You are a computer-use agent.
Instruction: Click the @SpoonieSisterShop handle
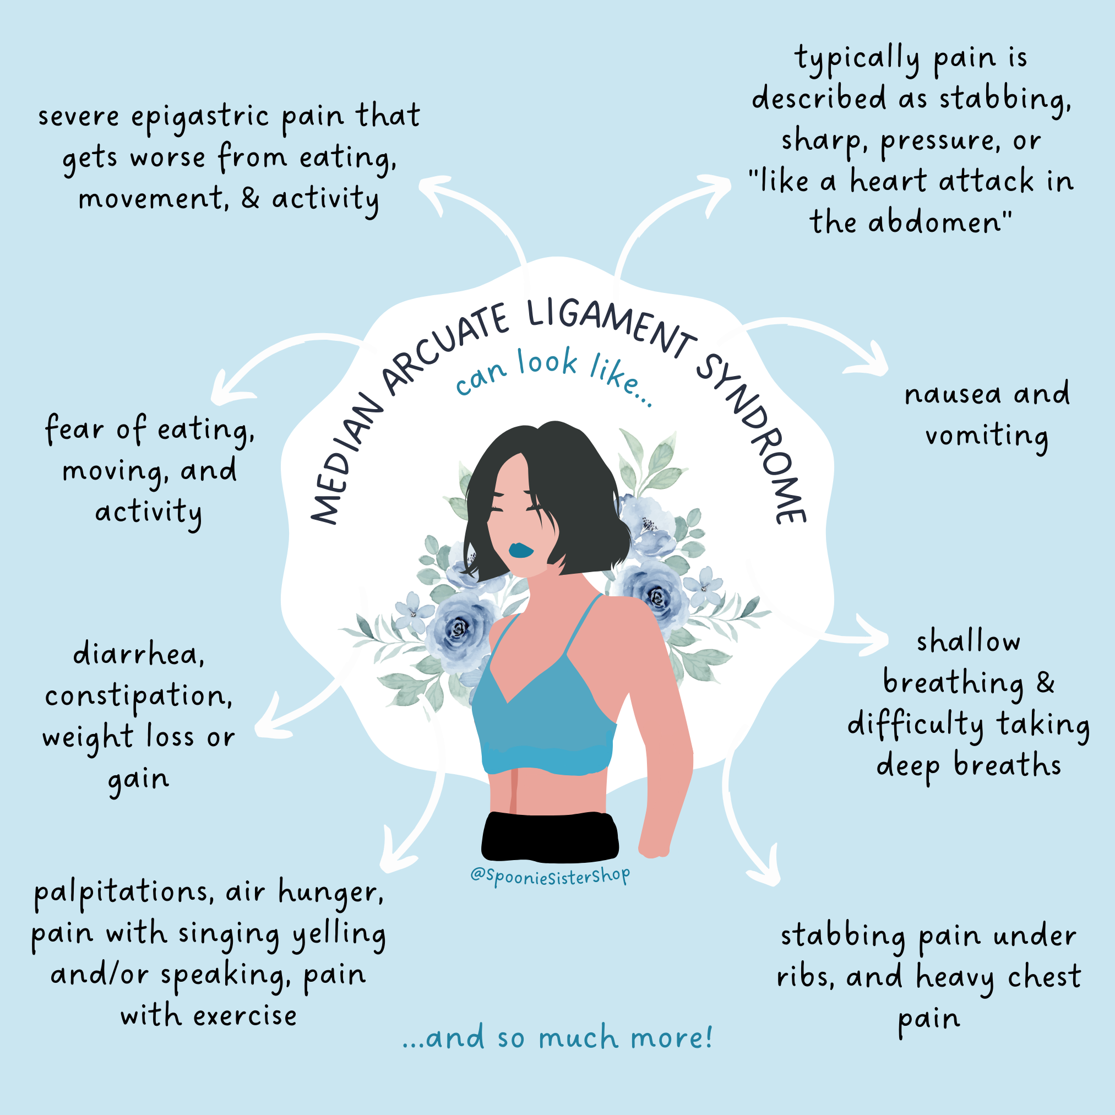(550, 876)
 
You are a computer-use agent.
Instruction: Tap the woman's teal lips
(520, 549)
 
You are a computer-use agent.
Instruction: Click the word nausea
(953, 395)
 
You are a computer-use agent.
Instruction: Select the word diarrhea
(139, 656)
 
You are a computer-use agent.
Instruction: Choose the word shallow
(969, 642)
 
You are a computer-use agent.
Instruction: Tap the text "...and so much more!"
(557, 1038)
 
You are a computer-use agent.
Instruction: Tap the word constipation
(139, 697)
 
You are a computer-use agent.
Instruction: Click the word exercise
(244, 1016)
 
